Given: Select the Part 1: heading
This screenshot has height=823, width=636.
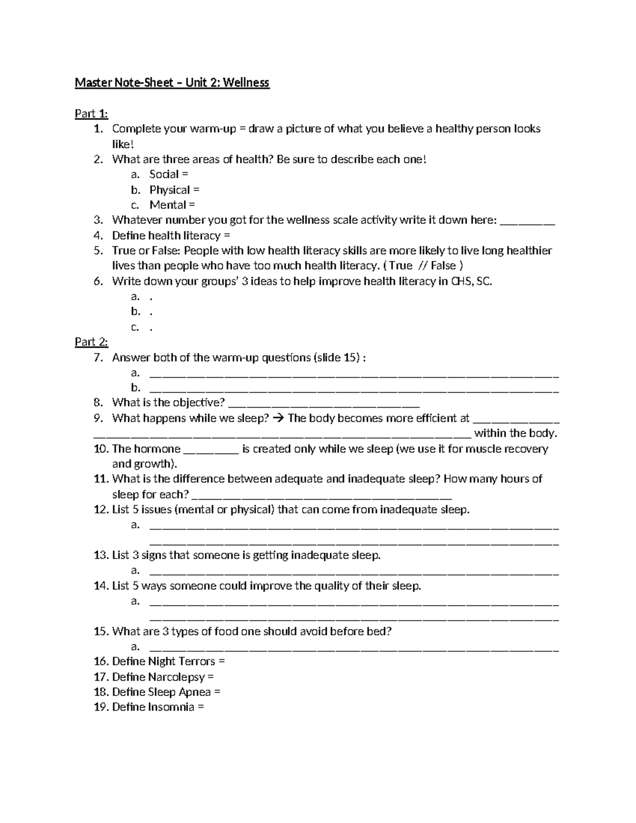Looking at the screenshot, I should click(x=91, y=113).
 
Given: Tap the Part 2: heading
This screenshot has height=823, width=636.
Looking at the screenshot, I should click(x=91, y=342).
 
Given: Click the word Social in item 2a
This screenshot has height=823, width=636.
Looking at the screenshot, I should click(x=164, y=174).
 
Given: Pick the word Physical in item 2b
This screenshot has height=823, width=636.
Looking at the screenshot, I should click(x=170, y=190).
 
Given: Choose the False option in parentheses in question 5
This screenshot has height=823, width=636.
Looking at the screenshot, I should click(x=443, y=266).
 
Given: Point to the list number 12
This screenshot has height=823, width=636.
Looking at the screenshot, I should click(x=101, y=510).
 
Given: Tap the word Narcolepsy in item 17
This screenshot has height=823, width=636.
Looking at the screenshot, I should click(x=176, y=677).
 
